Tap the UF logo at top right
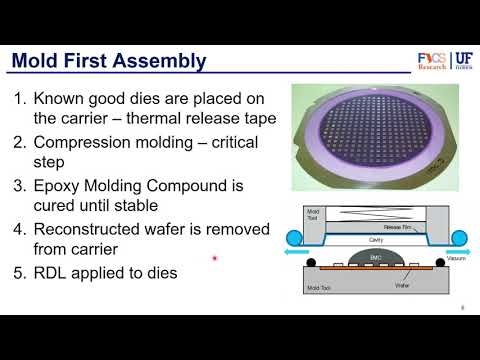click(x=462, y=61)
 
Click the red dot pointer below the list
click(x=215, y=262)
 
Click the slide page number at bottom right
click(x=462, y=308)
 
